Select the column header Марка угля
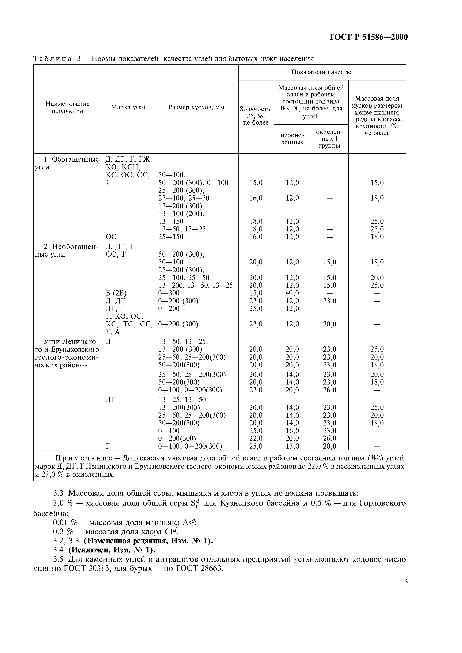click(128, 107)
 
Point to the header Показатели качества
click(322, 72)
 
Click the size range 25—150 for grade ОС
click(171, 237)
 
